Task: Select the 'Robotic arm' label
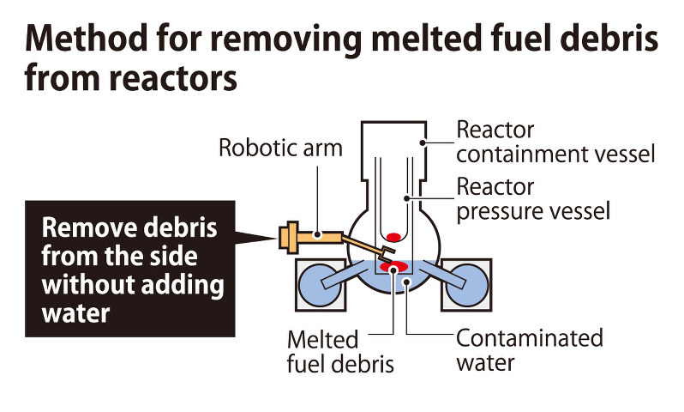click(280, 148)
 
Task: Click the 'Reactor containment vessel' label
click(555, 142)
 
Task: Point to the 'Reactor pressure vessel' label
click(533, 198)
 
